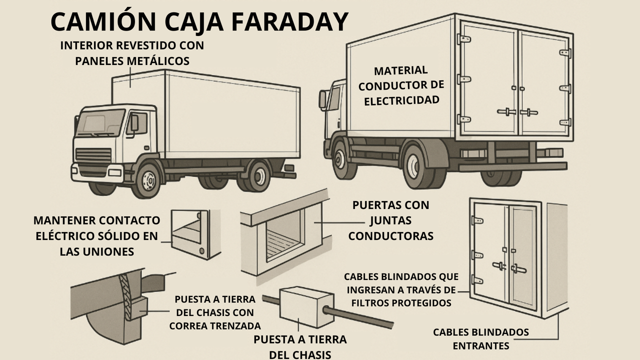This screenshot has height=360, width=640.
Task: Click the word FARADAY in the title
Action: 289,21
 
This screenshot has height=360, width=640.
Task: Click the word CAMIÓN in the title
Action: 103,21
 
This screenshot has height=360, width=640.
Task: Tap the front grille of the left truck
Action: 93,155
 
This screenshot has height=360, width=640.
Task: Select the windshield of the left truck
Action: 101,123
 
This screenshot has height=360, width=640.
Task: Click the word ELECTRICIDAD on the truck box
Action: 401,100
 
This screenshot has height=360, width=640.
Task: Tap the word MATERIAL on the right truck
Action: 401,70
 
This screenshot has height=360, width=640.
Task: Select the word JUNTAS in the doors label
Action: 391,220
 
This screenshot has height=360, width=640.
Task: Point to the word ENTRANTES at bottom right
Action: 481,346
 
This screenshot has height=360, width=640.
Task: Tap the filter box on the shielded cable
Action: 306,307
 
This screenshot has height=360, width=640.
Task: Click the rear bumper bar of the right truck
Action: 513,166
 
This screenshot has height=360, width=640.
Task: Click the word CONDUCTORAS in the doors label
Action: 391,236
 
